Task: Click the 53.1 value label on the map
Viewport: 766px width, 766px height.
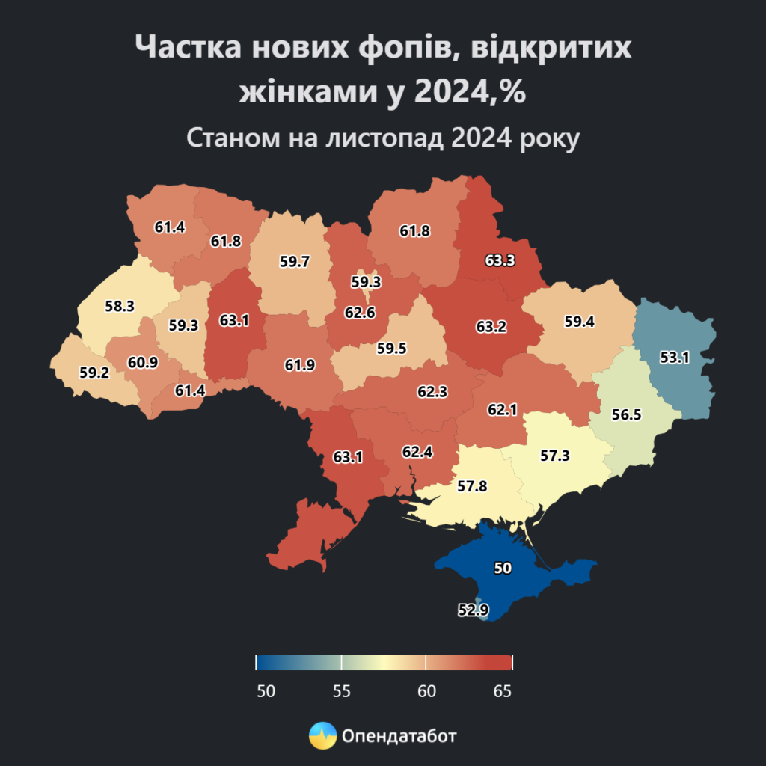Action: click(675, 358)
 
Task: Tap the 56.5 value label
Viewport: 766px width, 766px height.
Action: click(626, 415)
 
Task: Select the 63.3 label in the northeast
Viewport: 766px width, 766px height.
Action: click(500, 261)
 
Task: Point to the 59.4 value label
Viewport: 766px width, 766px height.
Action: click(580, 322)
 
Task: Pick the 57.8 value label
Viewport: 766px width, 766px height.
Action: click(472, 486)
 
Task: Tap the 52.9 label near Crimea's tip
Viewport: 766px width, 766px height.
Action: click(473, 610)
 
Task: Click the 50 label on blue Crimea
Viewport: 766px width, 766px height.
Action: click(503, 569)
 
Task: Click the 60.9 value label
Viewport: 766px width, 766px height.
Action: click(143, 363)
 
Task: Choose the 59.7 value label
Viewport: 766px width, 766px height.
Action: click(295, 262)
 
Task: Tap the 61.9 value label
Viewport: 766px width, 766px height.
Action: click(300, 365)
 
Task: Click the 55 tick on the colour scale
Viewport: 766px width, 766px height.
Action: click(341, 691)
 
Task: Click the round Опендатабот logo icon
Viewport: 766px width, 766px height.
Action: click(322, 736)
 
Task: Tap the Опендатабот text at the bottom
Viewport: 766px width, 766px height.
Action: click(399, 736)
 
